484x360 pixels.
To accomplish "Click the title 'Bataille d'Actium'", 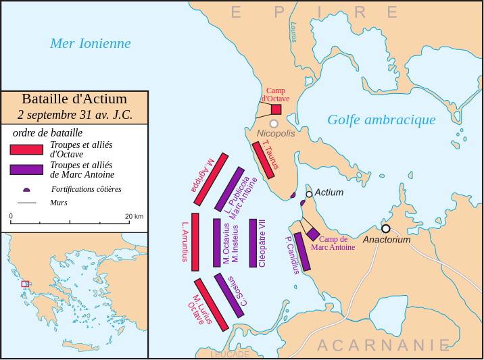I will [x=74, y=99].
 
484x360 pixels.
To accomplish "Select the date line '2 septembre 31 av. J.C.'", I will [x=74, y=114].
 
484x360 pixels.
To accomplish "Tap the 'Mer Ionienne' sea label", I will [x=91, y=43].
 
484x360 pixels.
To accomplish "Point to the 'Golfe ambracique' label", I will [x=381, y=120].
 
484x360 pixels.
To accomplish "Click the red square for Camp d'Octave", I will [x=276, y=109].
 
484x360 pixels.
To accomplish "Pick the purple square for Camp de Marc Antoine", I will [x=312, y=234].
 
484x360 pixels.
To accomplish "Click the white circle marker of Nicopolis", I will [x=274, y=124].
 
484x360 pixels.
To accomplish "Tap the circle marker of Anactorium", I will [x=386, y=228].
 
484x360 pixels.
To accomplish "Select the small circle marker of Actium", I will [x=309, y=194].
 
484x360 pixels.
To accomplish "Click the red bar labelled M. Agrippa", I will [x=210, y=179].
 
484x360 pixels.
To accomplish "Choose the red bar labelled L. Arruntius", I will [x=195, y=242].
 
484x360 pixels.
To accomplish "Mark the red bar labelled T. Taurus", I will [x=263, y=160].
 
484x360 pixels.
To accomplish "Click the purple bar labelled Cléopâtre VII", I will [x=253, y=242].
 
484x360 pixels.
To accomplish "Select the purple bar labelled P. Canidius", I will [x=302, y=251].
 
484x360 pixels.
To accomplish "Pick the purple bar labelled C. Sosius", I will [x=229, y=295].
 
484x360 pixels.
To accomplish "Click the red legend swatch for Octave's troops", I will [x=26, y=149].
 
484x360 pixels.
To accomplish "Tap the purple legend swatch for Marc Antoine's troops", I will [x=26, y=170].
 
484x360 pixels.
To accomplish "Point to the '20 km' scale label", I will [x=134, y=216].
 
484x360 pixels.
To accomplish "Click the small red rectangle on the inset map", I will [x=25, y=284].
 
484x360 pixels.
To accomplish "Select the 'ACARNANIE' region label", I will [x=383, y=345].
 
